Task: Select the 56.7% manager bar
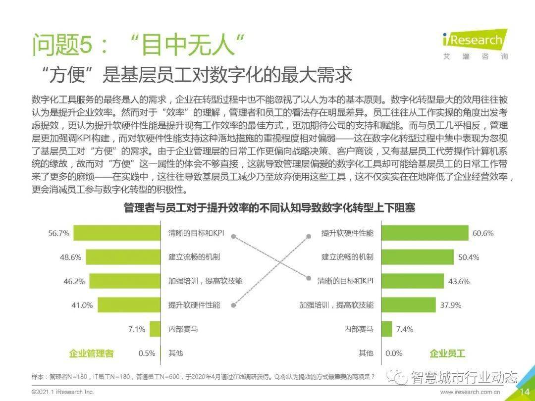117,233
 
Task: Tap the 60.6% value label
483,233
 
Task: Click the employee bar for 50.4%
417,257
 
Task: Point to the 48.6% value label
71,257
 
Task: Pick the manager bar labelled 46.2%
125,281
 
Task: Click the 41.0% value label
82,305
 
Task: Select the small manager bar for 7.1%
156,329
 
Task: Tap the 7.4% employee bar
386,329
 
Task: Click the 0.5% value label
147,353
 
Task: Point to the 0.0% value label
394,353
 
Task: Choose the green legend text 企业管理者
91,353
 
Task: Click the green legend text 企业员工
447,353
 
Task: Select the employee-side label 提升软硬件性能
347,233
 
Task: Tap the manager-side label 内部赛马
183,329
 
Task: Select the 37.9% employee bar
408,305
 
